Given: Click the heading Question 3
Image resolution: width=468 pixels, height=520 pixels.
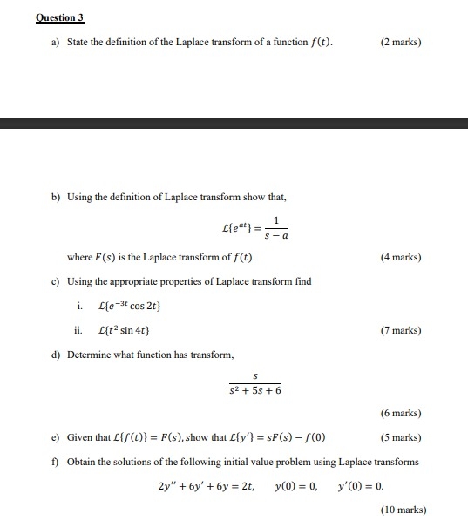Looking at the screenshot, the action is click(x=60, y=17).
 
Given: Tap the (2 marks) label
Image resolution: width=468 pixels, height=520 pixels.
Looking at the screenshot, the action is click(x=401, y=42).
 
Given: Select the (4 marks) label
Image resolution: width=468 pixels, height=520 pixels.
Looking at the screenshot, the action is click(x=401, y=258).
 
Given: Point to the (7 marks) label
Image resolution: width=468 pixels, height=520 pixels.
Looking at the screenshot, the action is click(x=401, y=331).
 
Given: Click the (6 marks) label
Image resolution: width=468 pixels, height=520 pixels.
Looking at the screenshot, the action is click(x=401, y=413).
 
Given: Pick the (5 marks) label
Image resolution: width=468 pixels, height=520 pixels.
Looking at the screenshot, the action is click(x=401, y=437).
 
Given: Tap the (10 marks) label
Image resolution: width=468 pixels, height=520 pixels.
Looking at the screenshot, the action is click(x=398, y=510).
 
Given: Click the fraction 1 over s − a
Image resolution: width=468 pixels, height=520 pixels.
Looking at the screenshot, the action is click(x=276, y=228).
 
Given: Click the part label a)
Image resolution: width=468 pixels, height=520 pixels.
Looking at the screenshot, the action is click(x=54, y=42).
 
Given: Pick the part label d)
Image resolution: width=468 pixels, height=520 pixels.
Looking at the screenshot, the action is click(x=54, y=355).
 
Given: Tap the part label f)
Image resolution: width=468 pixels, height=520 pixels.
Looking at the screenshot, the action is click(x=54, y=462).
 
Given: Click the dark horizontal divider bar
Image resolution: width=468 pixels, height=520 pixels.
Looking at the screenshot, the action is click(x=234, y=123).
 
